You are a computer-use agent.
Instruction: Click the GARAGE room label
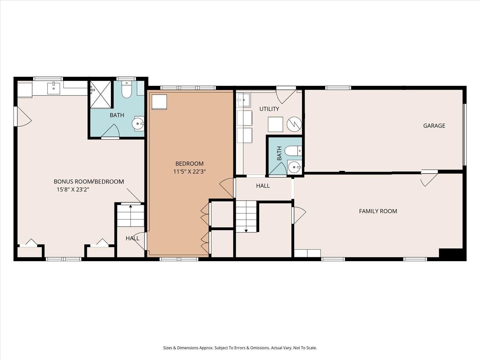434,126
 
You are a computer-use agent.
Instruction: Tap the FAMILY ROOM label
378,211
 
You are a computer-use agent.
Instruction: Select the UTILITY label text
269,109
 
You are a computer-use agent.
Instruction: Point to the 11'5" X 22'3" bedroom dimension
189,172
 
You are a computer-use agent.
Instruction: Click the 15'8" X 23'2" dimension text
73,189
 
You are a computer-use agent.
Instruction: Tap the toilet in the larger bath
126,90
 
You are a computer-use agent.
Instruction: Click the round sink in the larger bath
138,124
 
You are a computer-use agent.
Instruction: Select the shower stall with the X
100,94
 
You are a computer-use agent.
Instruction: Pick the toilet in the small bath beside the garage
293,151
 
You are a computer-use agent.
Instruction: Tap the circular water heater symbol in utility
294,124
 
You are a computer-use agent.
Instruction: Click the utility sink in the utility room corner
244,100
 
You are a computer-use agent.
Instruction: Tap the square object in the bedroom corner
159,102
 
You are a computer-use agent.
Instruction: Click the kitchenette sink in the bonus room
53,88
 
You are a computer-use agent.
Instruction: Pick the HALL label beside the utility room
263,186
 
